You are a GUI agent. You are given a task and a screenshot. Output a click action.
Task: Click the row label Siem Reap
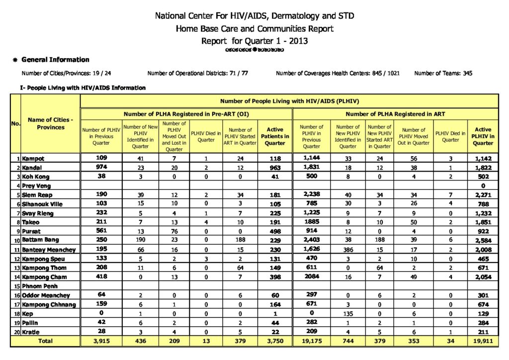(36, 195)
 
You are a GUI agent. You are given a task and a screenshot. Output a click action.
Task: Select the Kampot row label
(33, 159)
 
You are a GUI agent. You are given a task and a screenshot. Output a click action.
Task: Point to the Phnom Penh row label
(39, 286)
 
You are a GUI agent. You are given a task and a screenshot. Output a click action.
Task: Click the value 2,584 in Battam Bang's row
(483, 241)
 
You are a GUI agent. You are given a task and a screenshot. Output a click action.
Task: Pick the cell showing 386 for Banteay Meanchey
(348, 250)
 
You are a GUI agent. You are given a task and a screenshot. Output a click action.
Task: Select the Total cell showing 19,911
(483, 341)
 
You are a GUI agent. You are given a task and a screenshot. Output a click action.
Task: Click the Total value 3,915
(101, 341)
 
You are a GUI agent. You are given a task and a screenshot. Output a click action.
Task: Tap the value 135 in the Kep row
(348, 314)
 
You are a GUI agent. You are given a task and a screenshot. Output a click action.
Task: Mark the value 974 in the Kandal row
(101, 168)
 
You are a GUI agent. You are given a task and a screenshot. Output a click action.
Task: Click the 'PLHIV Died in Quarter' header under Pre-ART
(206, 136)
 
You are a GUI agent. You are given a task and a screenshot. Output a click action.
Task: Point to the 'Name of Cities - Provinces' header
(51, 123)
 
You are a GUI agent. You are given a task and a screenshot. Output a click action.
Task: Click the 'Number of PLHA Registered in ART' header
(395, 114)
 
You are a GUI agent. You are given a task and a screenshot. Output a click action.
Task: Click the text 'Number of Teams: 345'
(443, 74)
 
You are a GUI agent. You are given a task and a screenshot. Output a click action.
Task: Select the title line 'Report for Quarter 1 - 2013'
(254, 41)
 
